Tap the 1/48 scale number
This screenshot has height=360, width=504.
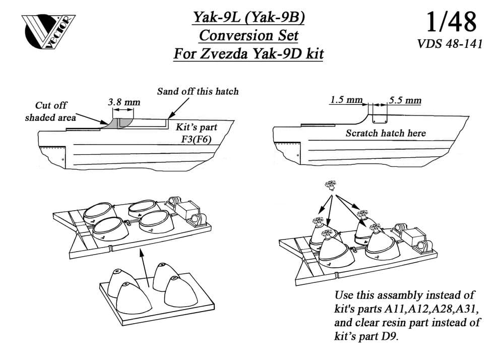[450, 22]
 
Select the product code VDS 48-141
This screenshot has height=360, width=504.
[450, 44]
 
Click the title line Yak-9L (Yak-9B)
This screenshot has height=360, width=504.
[248, 18]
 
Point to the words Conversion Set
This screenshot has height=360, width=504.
[248, 36]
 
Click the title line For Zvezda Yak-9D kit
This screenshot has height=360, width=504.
[248, 54]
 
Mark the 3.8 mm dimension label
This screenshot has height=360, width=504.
[124, 102]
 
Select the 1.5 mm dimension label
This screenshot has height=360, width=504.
[346, 100]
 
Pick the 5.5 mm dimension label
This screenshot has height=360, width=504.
[405, 100]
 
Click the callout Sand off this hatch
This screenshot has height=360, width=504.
[198, 91]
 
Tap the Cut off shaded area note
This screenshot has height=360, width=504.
[50, 111]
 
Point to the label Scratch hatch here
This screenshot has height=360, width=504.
[386, 133]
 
